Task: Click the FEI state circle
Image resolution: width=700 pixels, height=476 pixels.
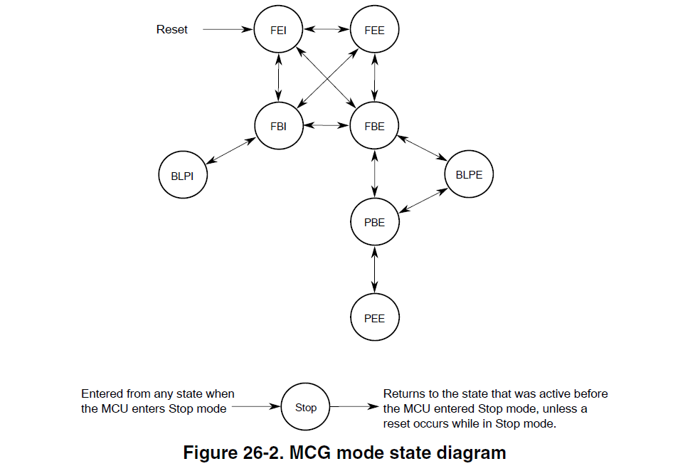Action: pos(279,30)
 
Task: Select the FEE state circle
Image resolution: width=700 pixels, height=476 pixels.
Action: pos(374,30)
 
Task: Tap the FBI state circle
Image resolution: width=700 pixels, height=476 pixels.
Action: pos(279,126)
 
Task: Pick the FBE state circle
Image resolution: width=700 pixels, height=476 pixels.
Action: pos(374,126)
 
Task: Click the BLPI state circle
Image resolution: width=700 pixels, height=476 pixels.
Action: pos(183,174)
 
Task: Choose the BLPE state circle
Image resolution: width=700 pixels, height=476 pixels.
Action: pos(469,174)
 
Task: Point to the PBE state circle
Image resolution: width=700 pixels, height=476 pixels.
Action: pos(374,222)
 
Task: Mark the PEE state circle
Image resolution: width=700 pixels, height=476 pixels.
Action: pos(374,318)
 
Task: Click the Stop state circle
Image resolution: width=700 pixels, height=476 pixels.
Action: pos(306,408)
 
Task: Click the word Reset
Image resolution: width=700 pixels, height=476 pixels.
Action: pos(172,30)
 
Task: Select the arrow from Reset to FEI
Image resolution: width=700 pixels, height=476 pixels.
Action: pos(228,30)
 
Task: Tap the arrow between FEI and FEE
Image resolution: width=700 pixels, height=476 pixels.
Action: pos(327,30)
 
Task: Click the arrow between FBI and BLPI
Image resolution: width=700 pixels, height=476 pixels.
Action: pos(230,150)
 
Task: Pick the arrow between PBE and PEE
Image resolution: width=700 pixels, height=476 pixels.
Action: pos(374,270)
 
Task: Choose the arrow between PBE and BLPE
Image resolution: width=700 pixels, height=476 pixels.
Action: pos(422,199)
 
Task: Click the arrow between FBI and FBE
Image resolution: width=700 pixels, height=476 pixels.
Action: pos(327,125)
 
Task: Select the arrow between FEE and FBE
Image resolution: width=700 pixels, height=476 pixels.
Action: pos(374,78)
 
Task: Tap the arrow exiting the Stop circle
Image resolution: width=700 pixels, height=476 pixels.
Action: pos(353,408)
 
